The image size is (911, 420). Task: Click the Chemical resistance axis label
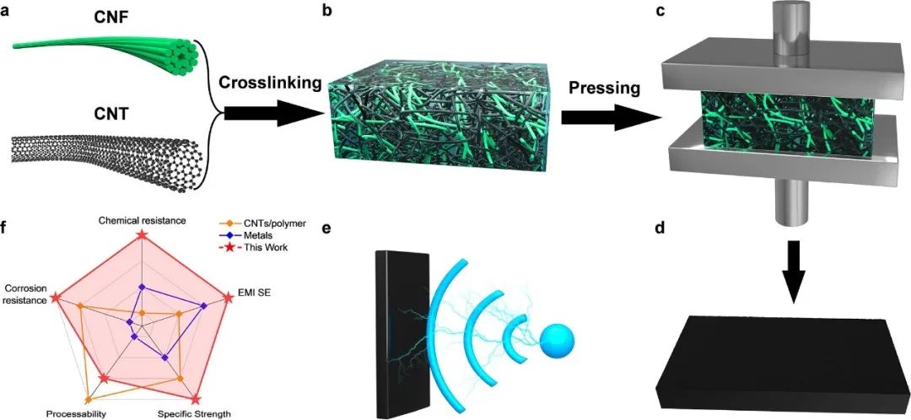[x=143, y=220]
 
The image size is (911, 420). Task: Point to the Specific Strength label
[x=195, y=414]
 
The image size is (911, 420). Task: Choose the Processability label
[x=76, y=414]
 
